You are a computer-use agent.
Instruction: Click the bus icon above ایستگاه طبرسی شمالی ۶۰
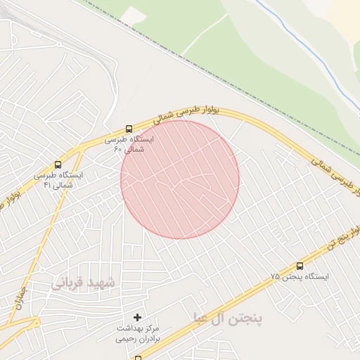(129, 129)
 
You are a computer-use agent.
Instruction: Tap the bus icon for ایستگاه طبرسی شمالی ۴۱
(58, 164)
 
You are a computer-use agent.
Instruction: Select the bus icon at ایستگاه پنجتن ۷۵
(300, 266)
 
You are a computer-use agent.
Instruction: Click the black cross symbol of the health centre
(137, 318)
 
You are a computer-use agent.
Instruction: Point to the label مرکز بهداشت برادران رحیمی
(138, 333)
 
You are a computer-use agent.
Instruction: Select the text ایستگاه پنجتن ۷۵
(300, 277)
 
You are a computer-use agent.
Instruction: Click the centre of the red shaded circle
(180, 180)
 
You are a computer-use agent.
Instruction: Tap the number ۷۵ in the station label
(274, 277)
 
